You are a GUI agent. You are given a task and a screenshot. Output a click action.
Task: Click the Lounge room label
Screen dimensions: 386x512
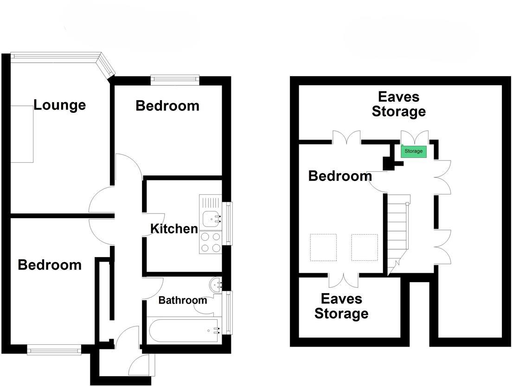[x=59, y=105]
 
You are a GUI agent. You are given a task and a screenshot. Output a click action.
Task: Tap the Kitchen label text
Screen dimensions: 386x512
[x=174, y=228]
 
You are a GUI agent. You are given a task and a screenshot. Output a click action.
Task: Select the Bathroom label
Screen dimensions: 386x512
[x=182, y=300]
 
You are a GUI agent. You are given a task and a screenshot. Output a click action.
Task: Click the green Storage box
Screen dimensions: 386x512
[x=413, y=151]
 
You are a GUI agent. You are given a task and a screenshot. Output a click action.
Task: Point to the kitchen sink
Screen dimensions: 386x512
[x=211, y=217]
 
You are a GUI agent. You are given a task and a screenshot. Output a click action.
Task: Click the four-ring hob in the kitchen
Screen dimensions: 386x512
[x=210, y=243]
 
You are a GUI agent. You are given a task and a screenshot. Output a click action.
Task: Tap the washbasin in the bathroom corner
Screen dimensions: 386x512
[x=216, y=284]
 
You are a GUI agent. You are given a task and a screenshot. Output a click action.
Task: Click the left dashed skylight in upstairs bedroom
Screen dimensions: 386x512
[x=323, y=247]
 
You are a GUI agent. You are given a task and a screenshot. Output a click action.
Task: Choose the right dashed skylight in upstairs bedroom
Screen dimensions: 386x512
[x=365, y=247]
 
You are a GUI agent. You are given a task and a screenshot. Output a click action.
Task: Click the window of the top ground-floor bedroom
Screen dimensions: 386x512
[x=175, y=79]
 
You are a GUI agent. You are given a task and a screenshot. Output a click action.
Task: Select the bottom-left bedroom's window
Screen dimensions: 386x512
[x=54, y=350]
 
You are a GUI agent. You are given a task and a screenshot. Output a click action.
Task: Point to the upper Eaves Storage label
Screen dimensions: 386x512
[x=399, y=104]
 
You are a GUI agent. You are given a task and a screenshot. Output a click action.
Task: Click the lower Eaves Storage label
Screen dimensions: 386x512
[x=341, y=306]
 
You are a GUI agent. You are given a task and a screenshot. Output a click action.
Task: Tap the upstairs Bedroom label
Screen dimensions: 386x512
[x=340, y=176]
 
